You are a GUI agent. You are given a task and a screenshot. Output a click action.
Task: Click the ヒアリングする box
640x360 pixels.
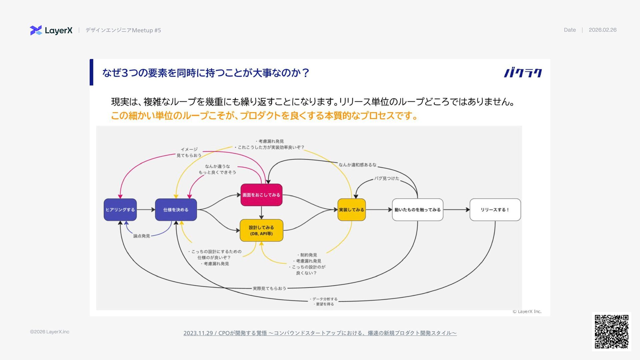pyautogui.click(x=120, y=210)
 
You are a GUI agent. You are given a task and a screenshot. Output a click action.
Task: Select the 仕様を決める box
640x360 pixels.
pyautogui.click(x=176, y=210)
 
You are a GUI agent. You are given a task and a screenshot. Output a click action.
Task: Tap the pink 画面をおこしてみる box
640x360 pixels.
pyautogui.click(x=261, y=195)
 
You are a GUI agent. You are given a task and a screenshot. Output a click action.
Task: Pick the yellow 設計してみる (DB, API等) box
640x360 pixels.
pyautogui.click(x=261, y=230)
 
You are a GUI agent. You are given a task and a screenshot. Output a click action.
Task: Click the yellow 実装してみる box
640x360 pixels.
pyautogui.click(x=351, y=210)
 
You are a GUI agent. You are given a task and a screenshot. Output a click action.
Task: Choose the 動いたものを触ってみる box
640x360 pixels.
pyautogui.click(x=417, y=210)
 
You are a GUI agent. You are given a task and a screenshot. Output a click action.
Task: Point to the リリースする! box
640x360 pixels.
pyautogui.click(x=495, y=210)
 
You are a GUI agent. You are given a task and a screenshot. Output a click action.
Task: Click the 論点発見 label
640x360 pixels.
pyautogui.click(x=142, y=236)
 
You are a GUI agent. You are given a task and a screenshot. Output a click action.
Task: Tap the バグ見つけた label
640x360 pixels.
pyautogui.click(x=387, y=178)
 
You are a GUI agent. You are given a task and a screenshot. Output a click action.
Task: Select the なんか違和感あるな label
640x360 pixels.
pyautogui.click(x=357, y=165)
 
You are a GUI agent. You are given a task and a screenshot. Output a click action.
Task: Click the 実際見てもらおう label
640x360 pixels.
pyautogui.click(x=269, y=288)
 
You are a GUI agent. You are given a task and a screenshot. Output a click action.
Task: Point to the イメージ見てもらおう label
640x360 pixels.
pyautogui.click(x=189, y=152)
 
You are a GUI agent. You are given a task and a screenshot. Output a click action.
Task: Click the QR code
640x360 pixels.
pyautogui.click(x=611, y=331)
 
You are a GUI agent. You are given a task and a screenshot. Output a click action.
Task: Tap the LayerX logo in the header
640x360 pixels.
pyautogui.click(x=51, y=30)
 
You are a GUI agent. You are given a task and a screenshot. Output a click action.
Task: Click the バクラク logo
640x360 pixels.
pyautogui.click(x=523, y=73)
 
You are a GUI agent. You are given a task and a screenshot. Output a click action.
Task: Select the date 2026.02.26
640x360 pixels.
pyautogui.click(x=602, y=30)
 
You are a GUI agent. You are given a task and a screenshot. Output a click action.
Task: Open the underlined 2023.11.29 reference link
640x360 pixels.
pyautogui.click(x=320, y=333)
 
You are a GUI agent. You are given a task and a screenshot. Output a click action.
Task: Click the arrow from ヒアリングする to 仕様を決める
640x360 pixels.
pyautogui.click(x=146, y=210)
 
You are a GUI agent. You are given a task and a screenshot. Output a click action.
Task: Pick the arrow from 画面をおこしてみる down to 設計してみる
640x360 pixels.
pyautogui.click(x=261, y=212)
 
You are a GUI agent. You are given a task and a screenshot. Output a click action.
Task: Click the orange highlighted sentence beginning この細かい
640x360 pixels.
pyautogui.click(x=264, y=116)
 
